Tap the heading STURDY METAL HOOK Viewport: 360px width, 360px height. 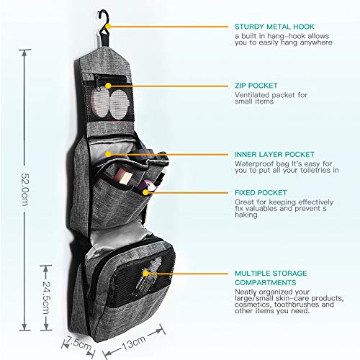point(274,27)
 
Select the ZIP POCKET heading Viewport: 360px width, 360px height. point(256,86)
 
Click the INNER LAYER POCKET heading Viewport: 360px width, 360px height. point(274,154)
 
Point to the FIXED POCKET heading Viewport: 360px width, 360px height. point(261,192)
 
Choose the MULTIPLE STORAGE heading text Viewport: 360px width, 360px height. point(271,273)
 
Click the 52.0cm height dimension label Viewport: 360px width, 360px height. point(25,189)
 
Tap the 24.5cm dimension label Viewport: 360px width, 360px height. point(46,297)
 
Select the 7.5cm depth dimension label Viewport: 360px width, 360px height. point(78,344)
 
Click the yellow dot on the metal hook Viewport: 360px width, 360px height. point(109,26)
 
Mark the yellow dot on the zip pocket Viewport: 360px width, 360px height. point(109,86)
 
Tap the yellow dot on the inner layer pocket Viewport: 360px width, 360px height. point(109,154)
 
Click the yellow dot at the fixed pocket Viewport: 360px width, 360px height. point(145,192)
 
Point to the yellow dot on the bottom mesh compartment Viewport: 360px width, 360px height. point(145,274)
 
